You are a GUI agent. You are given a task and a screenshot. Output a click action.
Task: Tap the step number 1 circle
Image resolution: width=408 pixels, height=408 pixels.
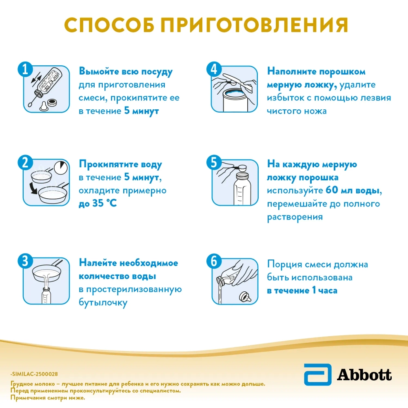pos(25,70)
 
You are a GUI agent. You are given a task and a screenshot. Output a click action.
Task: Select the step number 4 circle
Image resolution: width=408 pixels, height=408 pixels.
pos(213,70)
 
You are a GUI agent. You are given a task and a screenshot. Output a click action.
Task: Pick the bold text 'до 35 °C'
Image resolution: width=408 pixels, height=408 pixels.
pos(98,203)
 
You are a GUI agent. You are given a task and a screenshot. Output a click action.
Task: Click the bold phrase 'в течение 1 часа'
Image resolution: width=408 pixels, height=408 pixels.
pos(302,291)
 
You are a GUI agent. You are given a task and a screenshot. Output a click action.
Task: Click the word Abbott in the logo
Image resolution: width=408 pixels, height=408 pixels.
pos(364,374)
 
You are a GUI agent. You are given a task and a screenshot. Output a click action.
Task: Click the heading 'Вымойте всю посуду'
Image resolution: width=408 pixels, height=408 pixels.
pos(126,72)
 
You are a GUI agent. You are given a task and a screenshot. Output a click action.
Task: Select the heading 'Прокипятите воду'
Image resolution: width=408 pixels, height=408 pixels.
pos(120,165)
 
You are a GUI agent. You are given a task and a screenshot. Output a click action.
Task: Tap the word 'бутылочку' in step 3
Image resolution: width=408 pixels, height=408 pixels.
pos(103,303)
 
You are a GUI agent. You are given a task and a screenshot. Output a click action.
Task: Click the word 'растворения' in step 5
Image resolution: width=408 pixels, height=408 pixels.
pos(295,217)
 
